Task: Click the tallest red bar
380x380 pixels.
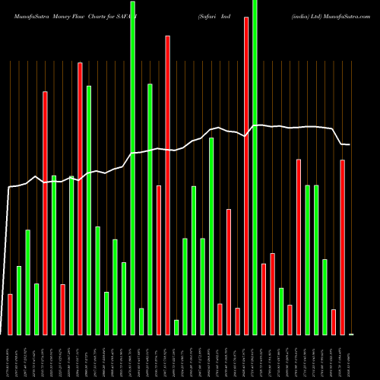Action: pyautogui.click(x=246, y=175)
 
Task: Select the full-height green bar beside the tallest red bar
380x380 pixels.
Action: pyautogui.click(x=255, y=167)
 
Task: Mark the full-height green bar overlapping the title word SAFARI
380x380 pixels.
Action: pyautogui.click(x=133, y=167)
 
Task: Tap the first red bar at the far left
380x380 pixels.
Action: pyautogui.click(x=10, y=314)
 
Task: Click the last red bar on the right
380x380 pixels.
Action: pyautogui.click(x=342, y=247)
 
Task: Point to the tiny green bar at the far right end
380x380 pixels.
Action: pyautogui.click(x=351, y=334)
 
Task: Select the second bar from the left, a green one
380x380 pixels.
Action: pyautogui.click(x=19, y=300)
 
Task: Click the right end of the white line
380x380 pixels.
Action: pyautogui.click(x=350, y=144)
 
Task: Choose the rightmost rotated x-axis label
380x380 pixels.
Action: pyautogui.click(x=351, y=357)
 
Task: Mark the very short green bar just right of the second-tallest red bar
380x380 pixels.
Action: pyautogui.click(x=176, y=327)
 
